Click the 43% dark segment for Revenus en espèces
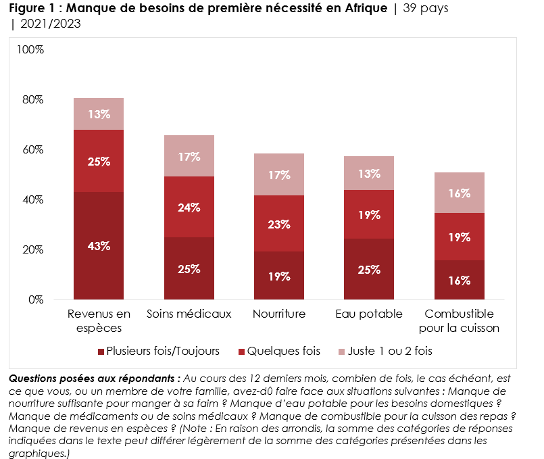point(99,245)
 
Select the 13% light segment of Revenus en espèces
point(99,114)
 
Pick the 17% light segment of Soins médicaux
point(189,156)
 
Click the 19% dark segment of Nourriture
point(279,276)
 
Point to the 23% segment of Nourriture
point(279,223)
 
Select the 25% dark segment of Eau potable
point(369,269)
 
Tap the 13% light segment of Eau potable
point(369,173)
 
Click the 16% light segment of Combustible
point(460,193)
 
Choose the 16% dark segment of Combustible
point(460,280)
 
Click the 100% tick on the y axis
point(30,50)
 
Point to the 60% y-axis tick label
point(33,149)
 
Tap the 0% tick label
point(36,299)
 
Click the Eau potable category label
point(369,314)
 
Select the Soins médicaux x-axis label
point(189,314)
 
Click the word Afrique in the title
point(363,9)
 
